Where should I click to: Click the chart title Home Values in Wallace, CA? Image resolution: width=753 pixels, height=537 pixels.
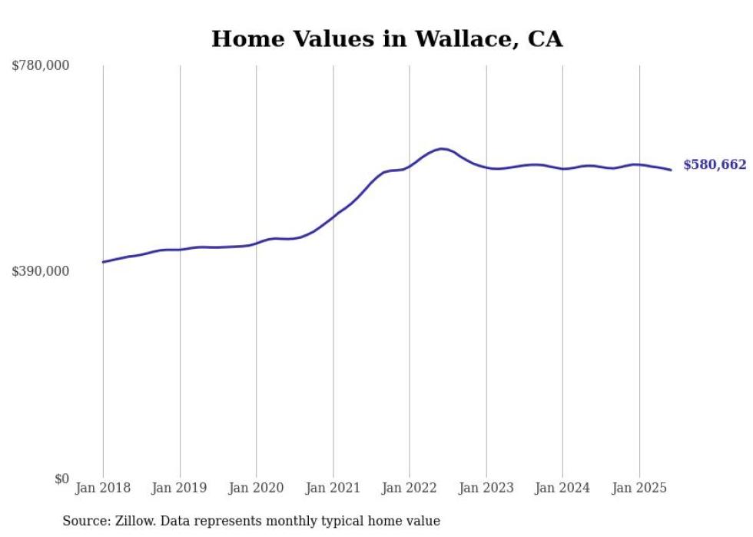point(386,39)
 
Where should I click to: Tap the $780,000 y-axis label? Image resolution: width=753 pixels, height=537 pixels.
point(41,66)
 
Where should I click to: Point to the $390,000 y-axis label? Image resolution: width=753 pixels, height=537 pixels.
point(41,271)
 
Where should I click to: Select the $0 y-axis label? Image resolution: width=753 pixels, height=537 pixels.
point(61,479)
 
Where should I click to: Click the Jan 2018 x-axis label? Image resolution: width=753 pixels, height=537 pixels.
point(103,488)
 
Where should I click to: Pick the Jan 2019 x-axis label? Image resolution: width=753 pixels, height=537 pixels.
point(180,488)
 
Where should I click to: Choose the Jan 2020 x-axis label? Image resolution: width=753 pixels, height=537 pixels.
point(257,488)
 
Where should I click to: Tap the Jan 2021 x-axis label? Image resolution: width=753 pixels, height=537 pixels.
point(333,488)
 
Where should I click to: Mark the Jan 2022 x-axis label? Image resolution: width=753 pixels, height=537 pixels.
point(410,488)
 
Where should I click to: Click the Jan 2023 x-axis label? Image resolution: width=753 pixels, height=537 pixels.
point(486,488)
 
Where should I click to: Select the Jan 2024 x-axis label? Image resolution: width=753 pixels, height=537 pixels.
point(562,488)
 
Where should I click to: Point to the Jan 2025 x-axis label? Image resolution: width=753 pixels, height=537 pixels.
point(639,488)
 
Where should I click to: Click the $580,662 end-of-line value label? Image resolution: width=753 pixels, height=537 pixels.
point(715,165)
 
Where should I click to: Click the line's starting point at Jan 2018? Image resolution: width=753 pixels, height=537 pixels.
point(103,262)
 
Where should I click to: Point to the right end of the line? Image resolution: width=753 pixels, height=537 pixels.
point(671,170)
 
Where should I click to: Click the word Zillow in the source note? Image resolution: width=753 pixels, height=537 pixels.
point(132,521)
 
